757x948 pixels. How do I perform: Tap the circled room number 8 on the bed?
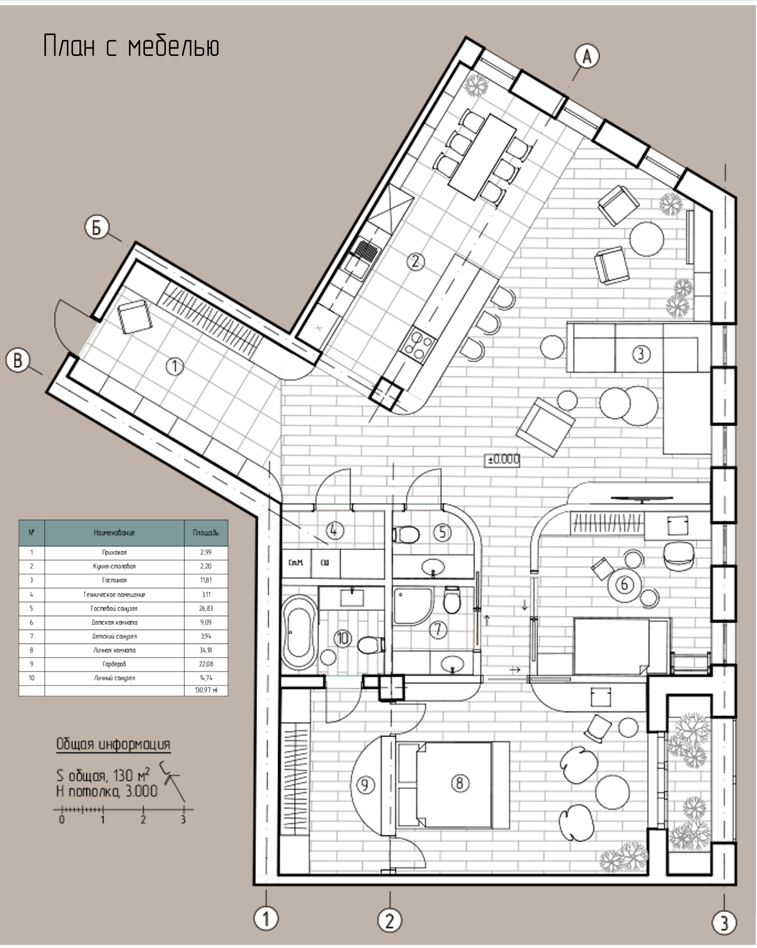pyautogui.click(x=460, y=783)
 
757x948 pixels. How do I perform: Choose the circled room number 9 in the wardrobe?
pyautogui.click(x=365, y=785)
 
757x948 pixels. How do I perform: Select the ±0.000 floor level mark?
pyautogui.click(x=502, y=460)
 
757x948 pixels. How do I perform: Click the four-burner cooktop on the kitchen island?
pyautogui.click(x=417, y=345)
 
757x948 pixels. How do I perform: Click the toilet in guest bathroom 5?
pyautogui.click(x=405, y=535)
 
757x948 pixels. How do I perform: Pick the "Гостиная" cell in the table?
pyautogui.click(x=114, y=580)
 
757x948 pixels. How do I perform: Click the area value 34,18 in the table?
pyautogui.click(x=206, y=650)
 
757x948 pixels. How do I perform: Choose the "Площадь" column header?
pyautogui.click(x=206, y=533)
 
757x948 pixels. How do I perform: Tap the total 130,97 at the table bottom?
pyautogui.click(x=206, y=690)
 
